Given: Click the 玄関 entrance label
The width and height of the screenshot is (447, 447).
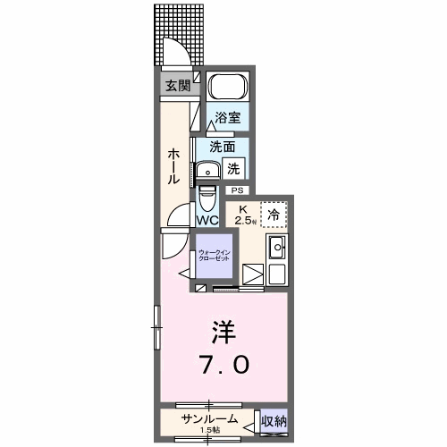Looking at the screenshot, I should pyautogui.click(x=176, y=86).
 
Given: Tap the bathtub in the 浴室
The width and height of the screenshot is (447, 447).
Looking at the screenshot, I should pyautogui.click(x=226, y=88).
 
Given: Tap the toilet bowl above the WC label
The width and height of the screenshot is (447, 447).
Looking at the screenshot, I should pyautogui.click(x=207, y=196).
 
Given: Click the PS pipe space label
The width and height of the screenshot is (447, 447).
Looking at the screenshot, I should pyautogui.click(x=237, y=190).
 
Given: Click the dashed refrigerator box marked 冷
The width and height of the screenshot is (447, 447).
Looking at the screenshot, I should pyautogui.click(x=274, y=214).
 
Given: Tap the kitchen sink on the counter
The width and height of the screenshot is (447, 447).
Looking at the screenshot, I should pyautogui.click(x=276, y=247).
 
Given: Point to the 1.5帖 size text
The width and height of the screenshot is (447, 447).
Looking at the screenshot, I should pyautogui.click(x=212, y=429).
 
